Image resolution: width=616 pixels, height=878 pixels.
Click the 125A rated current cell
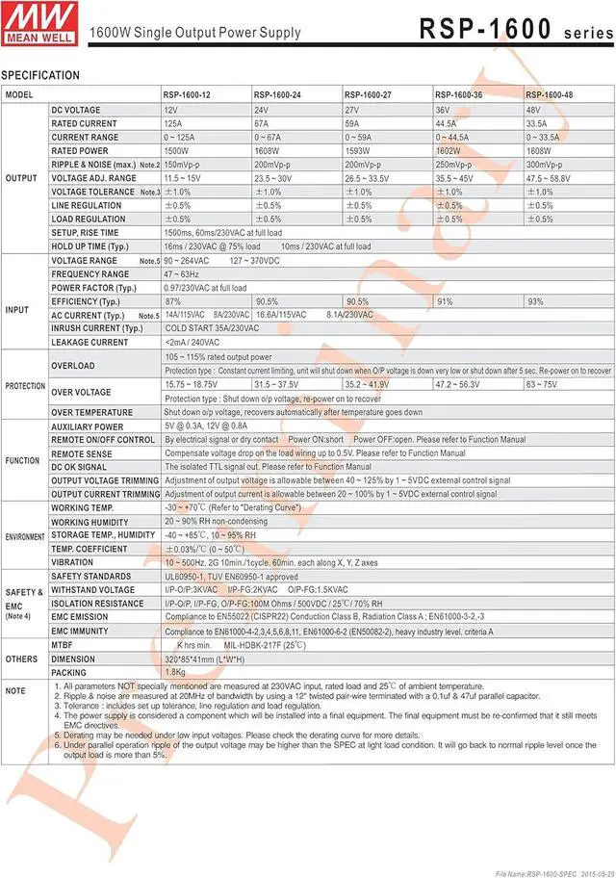[174, 124]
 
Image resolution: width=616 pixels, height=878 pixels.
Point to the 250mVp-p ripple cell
[454, 165]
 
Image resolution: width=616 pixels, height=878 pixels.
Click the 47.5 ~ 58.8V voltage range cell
[548, 178]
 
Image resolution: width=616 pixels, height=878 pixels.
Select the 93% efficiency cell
[535, 301]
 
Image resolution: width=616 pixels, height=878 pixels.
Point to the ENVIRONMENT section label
[25, 535]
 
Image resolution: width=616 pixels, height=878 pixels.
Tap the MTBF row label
[64, 644]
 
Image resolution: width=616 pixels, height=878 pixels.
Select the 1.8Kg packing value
[175, 672]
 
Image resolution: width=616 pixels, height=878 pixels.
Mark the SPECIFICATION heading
[40, 76]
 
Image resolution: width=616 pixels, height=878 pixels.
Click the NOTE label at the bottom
[15, 691]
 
